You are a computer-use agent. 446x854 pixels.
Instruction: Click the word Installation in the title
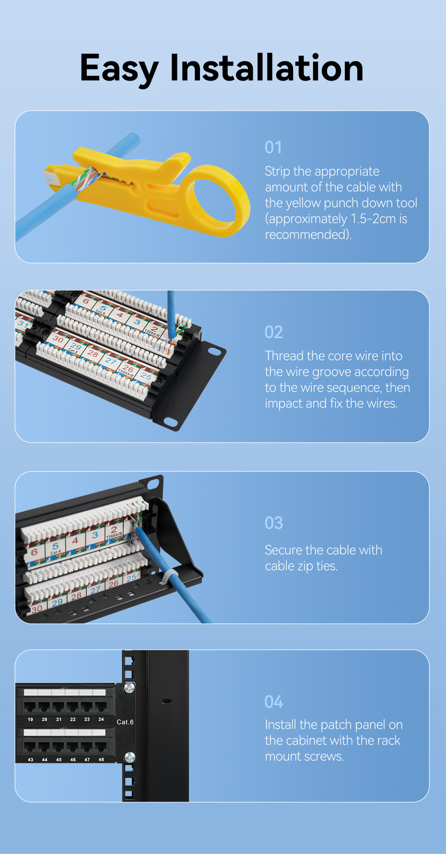(267, 67)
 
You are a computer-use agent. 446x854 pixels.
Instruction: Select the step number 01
(273, 148)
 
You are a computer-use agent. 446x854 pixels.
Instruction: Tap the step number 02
(274, 332)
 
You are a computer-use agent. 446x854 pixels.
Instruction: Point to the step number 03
(274, 523)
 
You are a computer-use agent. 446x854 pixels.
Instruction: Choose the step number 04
(274, 702)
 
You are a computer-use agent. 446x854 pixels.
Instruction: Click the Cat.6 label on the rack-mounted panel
(125, 722)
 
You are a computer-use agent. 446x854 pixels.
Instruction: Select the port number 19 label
(30, 719)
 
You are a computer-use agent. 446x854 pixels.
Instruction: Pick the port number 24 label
(101, 719)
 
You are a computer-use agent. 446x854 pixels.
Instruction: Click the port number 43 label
(30, 760)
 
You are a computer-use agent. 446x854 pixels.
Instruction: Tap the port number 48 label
(101, 760)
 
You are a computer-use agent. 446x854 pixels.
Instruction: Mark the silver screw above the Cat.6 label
(129, 688)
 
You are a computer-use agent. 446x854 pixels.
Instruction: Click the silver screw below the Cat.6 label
(129, 757)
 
